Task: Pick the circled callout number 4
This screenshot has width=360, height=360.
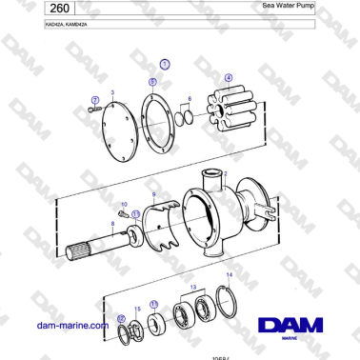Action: pyautogui.click(x=228, y=78)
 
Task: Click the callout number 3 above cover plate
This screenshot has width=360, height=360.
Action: pyautogui.click(x=113, y=91)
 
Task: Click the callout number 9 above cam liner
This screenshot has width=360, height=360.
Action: pyautogui.click(x=154, y=194)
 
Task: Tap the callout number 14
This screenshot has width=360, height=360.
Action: pyautogui.click(x=227, y=275)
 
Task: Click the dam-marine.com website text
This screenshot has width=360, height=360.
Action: pyautogui.click(x=70, y=326)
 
